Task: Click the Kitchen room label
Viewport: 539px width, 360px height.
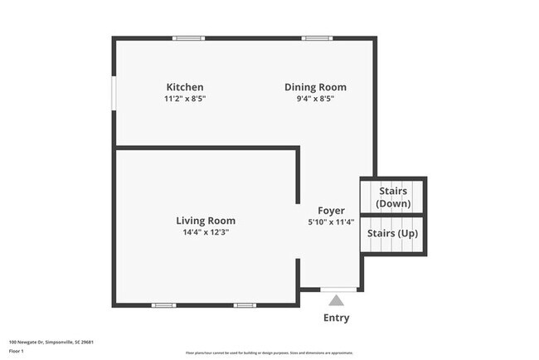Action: (x=185, y=87)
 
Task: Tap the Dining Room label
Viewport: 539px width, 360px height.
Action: (x=315, y=87)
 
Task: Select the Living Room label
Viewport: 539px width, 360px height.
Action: (x=205, y=221)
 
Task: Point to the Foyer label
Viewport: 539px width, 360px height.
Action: (x=331, y=211)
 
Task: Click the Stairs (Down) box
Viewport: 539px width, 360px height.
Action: (x=392, y=197)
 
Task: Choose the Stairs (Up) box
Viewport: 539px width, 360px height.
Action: (x=392, y=234)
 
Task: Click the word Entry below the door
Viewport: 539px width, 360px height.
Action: (x=336, y=318)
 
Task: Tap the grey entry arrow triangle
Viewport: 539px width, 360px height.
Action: (x=336, y=300)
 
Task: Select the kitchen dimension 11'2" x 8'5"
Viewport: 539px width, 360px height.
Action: (x=185, y=99)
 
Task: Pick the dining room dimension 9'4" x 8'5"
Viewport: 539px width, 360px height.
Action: (x=315, y=99)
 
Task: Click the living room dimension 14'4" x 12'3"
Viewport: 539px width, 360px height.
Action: (x=205, y=232)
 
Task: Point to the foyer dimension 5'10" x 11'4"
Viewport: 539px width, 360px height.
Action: (x=331, y=222)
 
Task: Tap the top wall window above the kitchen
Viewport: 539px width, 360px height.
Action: (x=189, y=38)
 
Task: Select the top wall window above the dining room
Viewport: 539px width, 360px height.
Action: (x=317, y=38)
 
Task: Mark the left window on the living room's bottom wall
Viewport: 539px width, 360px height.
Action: (x=163, y=305)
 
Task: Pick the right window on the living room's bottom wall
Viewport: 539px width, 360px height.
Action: (x=245, y=305)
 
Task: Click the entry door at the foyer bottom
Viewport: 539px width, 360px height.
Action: (x=338, y=289)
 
